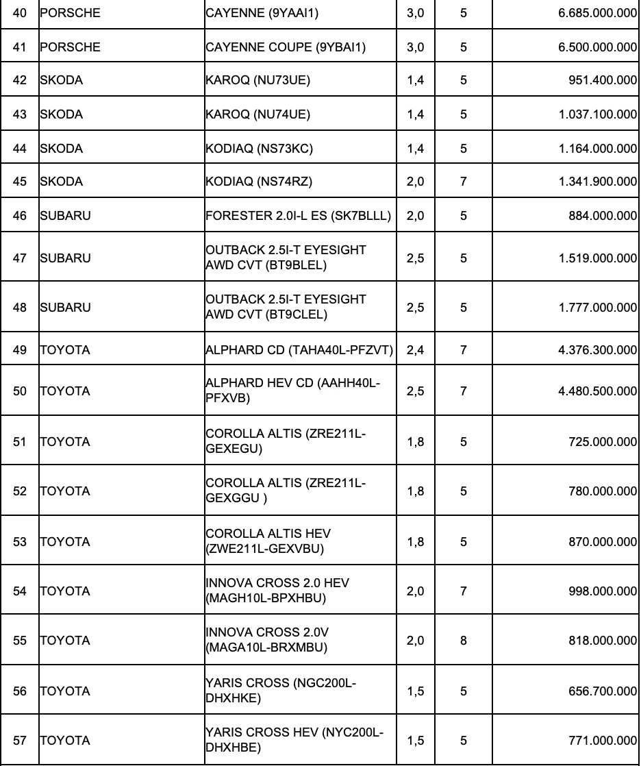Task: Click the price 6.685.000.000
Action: point(594,13)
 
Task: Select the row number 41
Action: point(20,47)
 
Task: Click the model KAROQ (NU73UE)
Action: point(257,80)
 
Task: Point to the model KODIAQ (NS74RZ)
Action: point(259,182)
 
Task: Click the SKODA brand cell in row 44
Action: point(62,149)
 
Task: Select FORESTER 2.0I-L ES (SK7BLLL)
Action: point(298,216)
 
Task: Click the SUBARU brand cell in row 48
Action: point(66,308)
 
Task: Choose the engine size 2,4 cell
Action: point(415,350)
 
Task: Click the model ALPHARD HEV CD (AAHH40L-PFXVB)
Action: point(293,391)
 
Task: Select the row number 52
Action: point(20,491)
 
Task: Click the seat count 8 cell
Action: point(464,641)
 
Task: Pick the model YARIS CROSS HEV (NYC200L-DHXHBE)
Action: point(294,740)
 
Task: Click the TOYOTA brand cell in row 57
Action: point(65,741)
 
